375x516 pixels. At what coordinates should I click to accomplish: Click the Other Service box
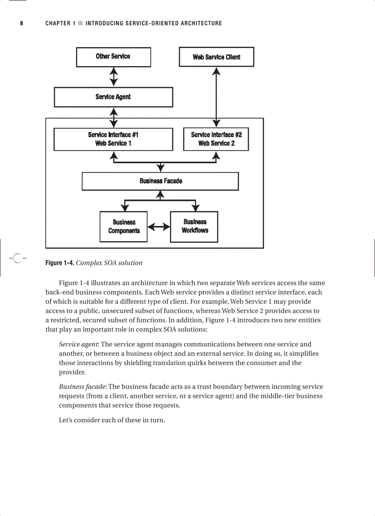point(113,57)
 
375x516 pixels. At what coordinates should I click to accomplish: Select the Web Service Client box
point(216,57)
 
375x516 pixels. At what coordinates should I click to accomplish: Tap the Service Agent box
point(113,97)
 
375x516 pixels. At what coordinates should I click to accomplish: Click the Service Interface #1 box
point(113,139)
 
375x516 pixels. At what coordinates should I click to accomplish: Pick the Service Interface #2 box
point(216,139)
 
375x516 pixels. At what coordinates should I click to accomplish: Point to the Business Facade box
point(160,181)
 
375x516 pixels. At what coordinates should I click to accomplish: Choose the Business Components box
point(124,227)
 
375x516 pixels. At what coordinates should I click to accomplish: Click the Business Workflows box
point(194,227)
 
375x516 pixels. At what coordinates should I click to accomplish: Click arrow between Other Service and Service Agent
point(114,77)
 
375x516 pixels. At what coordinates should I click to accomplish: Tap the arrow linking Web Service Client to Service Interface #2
point(216,97)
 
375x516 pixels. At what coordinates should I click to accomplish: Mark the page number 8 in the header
point(21,23)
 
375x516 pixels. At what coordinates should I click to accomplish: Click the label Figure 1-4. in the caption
point(59,263)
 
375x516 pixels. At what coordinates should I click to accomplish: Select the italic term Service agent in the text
point(79,344)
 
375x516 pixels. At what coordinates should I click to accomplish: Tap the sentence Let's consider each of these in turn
point(112,420)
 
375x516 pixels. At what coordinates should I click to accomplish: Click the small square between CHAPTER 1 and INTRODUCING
point(80,23)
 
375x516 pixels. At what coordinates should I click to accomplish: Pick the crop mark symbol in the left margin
point(17,259)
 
